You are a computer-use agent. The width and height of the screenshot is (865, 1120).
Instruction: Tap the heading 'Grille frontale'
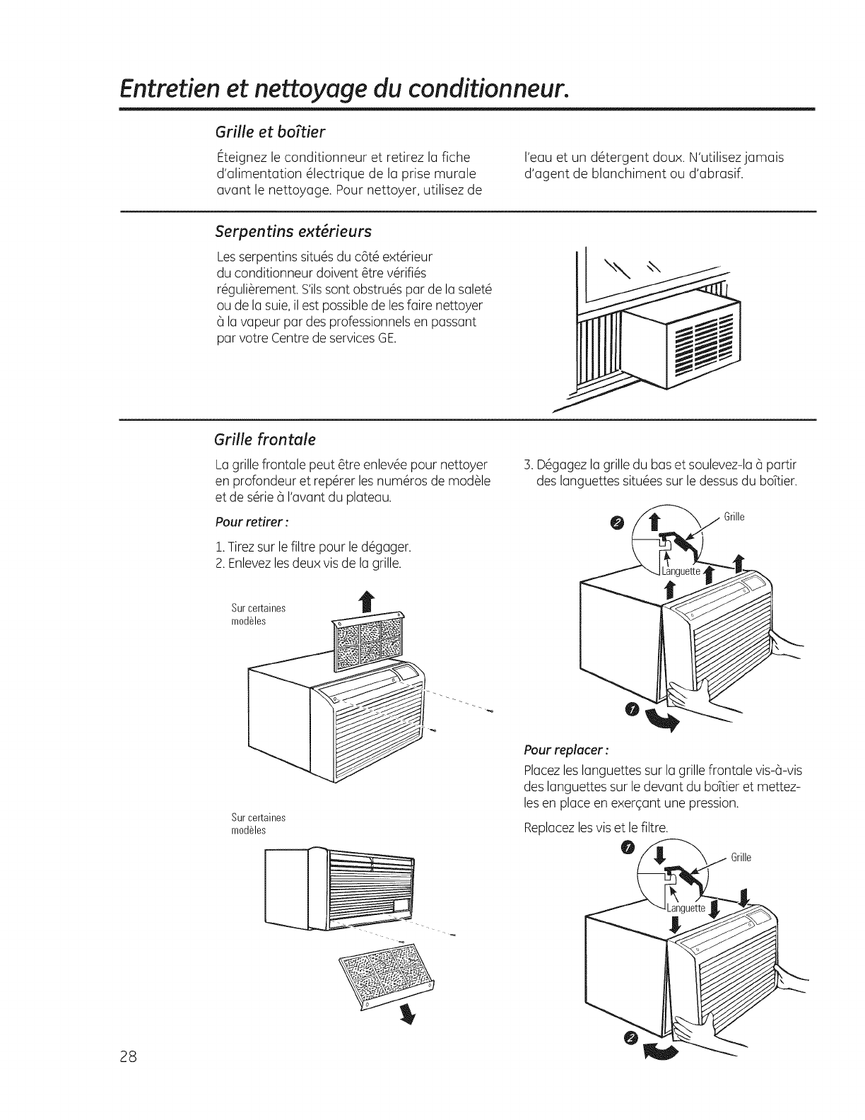click(264, 440)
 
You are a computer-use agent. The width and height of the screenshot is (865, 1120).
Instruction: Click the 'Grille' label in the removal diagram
click(734, 516)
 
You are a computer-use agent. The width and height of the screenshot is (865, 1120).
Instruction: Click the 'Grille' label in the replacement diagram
click(741, 858)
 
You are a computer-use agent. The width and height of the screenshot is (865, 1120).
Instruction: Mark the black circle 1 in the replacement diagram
click(625, 848)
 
